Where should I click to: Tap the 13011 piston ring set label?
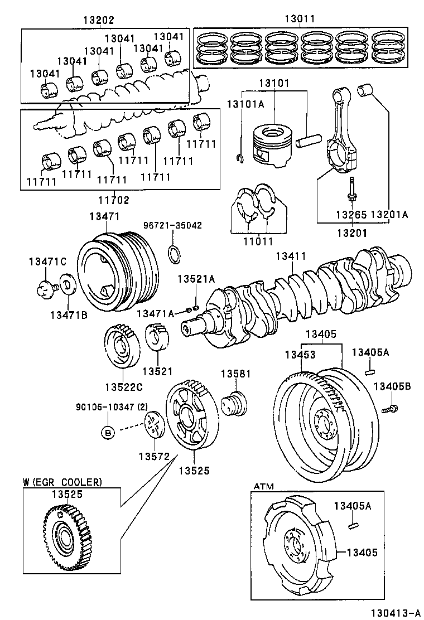tap(300, 19)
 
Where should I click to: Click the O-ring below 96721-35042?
tap(175, 254)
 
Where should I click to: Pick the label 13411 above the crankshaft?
tap(291, 257)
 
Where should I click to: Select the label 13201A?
tap(389, 214)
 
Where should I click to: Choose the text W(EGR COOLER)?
tap(62, 482)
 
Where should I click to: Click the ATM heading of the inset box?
tap(264, 486)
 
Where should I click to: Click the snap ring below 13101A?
tap(240, 159)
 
